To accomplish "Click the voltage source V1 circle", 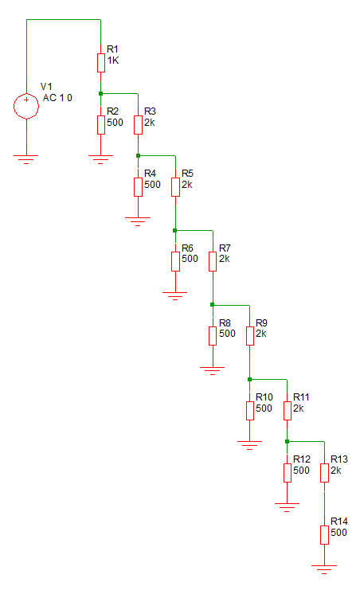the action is pos(26,106).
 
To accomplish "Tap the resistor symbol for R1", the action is pos(101,63).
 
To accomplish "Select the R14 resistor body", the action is pos(325,535).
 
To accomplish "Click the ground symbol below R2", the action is pos(100,159).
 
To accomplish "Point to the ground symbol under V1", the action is pos(26,159).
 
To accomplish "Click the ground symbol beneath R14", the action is pos(324,569).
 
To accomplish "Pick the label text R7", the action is pos(225,248).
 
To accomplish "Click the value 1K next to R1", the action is pos(113,61).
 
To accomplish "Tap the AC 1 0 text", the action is pos(57,98).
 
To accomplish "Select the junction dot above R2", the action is pos(100,93).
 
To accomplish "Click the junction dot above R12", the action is pos(287,441).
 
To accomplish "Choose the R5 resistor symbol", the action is pos(175,187).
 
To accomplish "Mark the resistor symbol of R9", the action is pos(250,336).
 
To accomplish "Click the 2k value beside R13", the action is pos(336,471).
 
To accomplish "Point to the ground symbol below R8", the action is pos(213,370).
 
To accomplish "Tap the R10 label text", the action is pos(264,397).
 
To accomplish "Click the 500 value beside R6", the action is pos(190,259).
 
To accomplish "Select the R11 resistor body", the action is pos(288,411).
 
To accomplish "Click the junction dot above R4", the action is pos(139,155).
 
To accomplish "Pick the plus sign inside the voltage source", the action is pos(26,100).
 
